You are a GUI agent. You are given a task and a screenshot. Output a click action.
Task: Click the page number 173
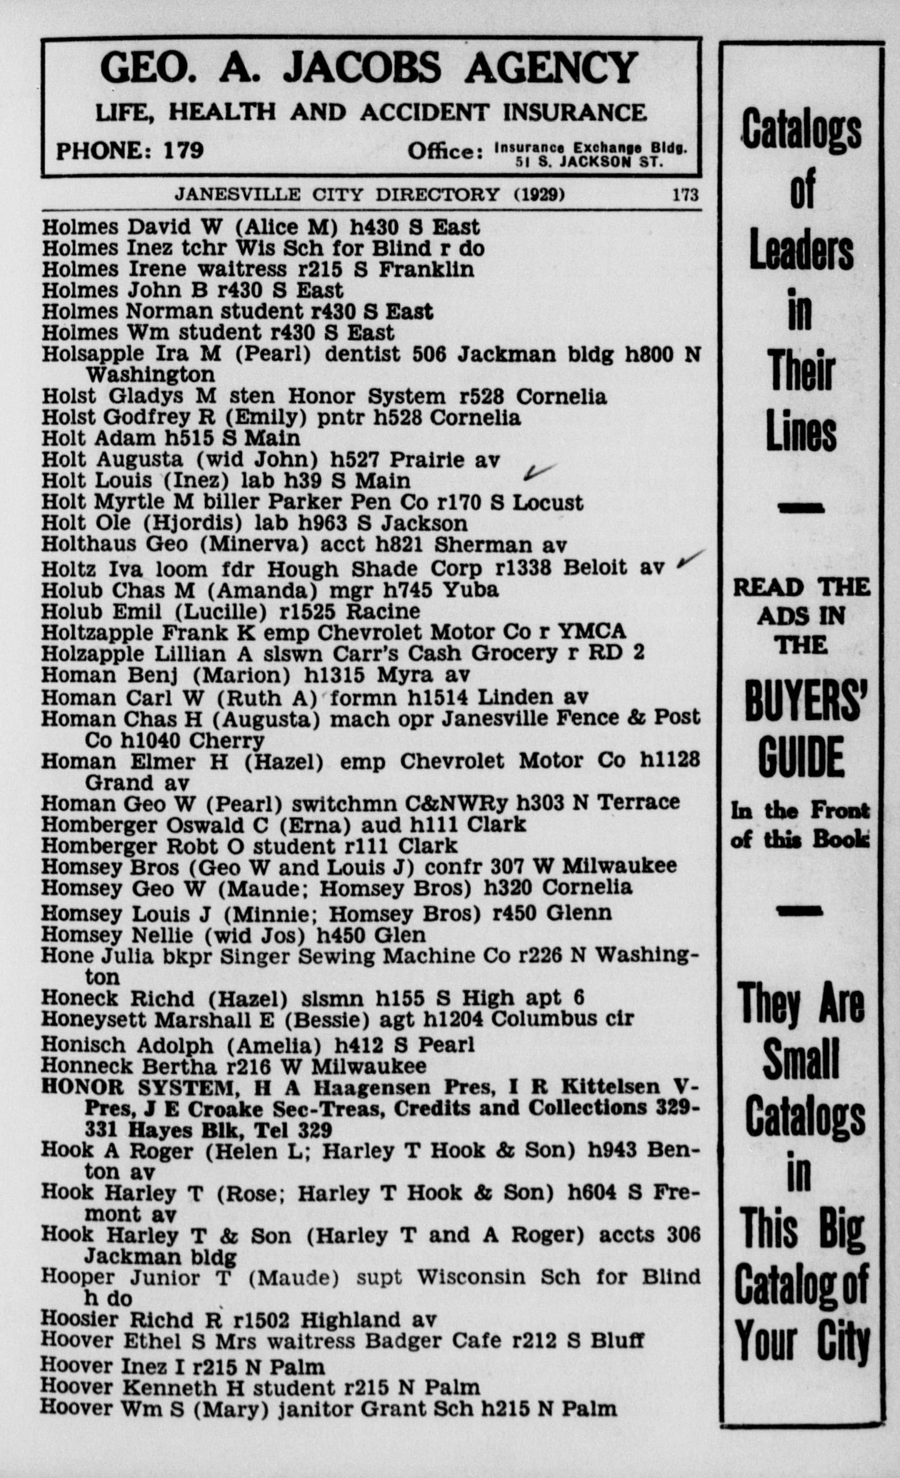[x=685, y=195]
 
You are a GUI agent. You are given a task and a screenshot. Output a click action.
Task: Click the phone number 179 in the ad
[x=184, y=150]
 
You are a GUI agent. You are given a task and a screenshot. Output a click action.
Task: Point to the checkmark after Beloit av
[x=690, y=559]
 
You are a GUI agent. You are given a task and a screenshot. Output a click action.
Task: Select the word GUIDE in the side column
[x=801, y=757]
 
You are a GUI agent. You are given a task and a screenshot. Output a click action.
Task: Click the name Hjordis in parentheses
[x=192, y=523]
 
